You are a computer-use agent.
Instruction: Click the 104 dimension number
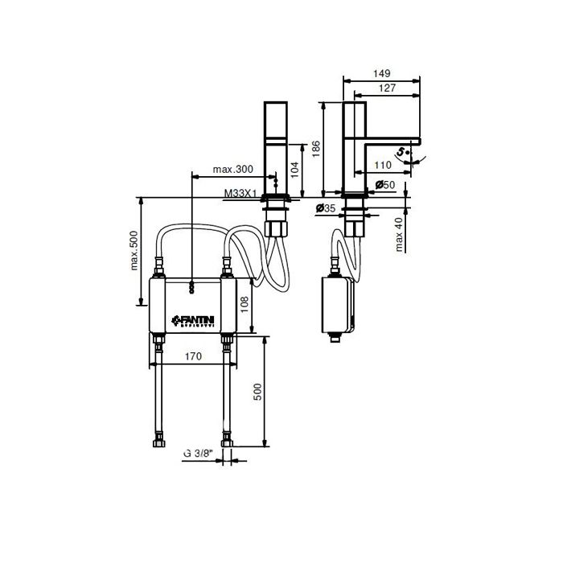(294, 168)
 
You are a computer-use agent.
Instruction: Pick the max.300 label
(232, 170)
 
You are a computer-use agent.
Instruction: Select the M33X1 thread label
(240, 193)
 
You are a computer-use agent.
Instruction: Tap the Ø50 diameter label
(386, 186)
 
